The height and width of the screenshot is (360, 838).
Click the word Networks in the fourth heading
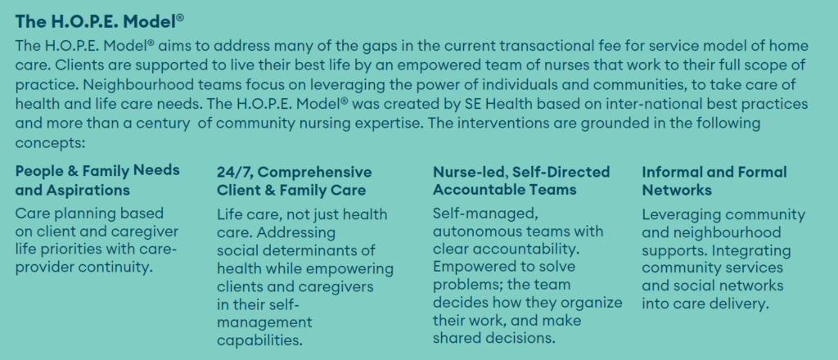[x=677, y=190]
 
